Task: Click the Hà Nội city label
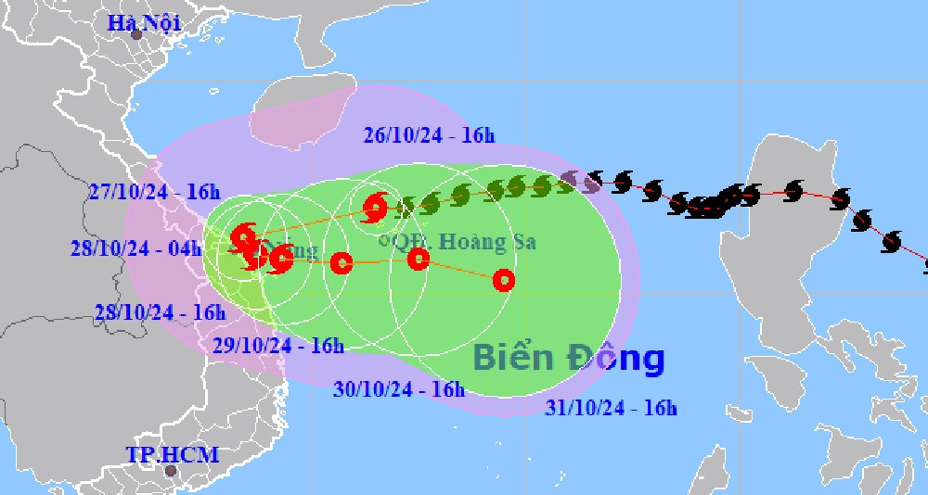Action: point(145,22)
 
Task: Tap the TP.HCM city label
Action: point(173,454)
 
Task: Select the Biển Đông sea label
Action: point(568,358)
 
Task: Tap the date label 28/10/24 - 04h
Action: point(135,247)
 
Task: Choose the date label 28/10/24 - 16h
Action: point(160,312)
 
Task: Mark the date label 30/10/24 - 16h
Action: point(398,389)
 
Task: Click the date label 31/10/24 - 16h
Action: point(611,407)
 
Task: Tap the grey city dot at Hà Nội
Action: point(136,35)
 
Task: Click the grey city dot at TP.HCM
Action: point(170,471)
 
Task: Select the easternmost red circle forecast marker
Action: point(503,279)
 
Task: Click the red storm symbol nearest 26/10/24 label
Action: point(376,208)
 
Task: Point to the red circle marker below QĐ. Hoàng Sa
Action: point(419,259)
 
